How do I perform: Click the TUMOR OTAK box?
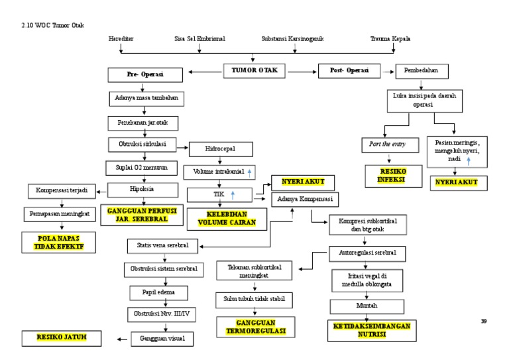[254, 69]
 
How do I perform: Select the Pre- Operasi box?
[145, 75]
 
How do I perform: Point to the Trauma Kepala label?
[390, 39]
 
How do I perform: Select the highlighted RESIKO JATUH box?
[62, 338]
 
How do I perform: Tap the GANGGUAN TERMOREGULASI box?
[254, 326]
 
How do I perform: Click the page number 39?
[483, 322]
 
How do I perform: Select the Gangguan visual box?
[162, 338]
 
